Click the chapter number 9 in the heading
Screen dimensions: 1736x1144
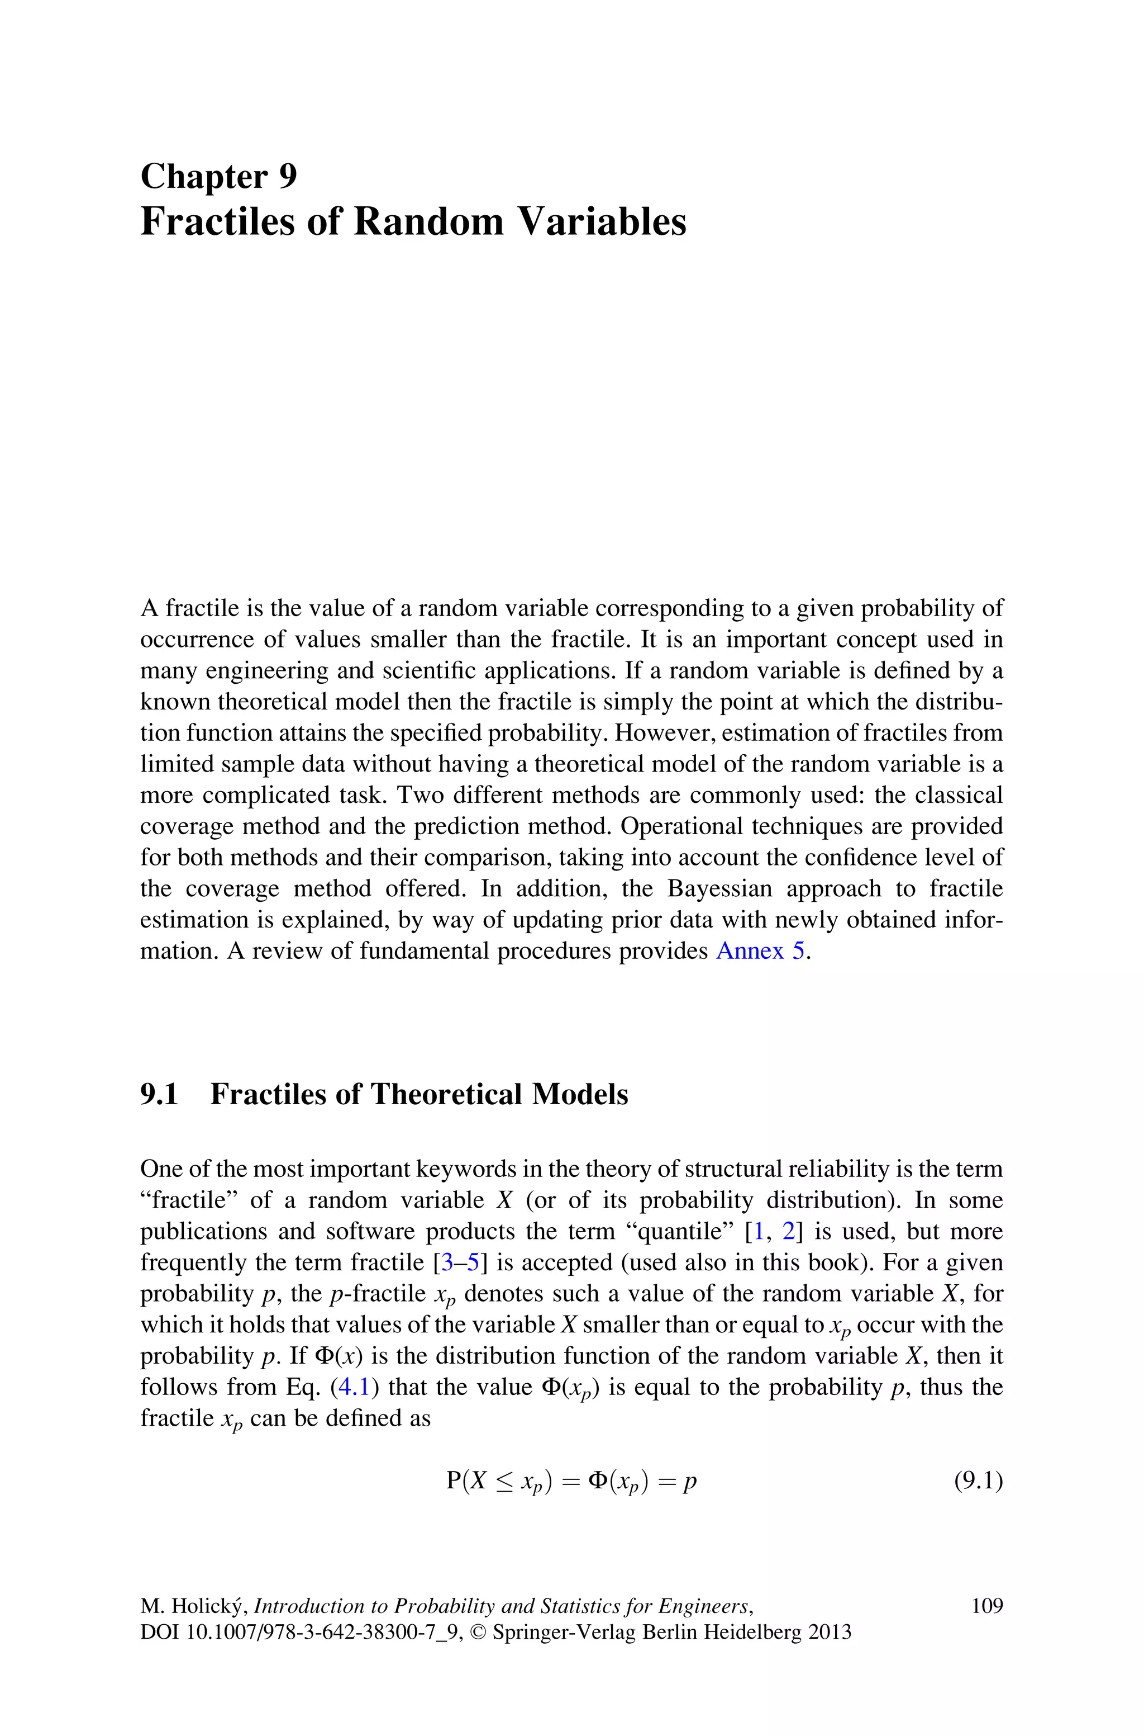pyautogui.click(x=288, y=177)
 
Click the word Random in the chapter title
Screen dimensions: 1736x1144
pyautogui.click(x=428, y=222)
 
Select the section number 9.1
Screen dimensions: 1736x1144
pyautogui.click(x=159, y=1094)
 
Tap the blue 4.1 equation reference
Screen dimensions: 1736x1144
pyautogui.click(x=354, y=1387)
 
